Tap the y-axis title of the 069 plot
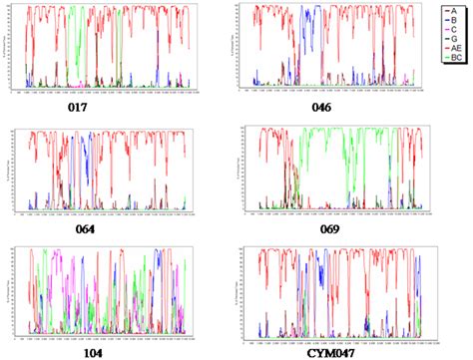[243, 170]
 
